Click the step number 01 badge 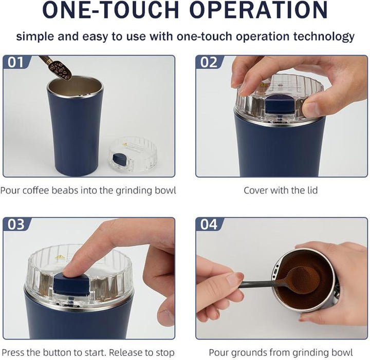point(16,62)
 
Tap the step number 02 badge point(209,62)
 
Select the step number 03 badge point(16,224)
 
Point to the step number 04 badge point(209,224)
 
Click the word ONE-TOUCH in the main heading point(110,10)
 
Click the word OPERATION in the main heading point(259,10)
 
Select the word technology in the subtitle point(324,37)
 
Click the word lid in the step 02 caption point(312,190)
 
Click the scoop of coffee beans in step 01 point(60,70)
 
